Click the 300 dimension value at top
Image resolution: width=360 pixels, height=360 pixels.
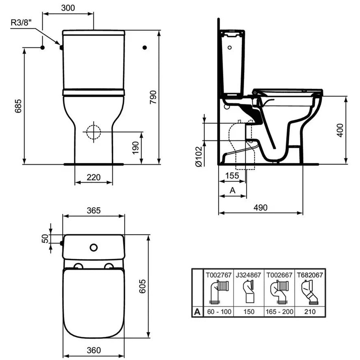coord(68,8)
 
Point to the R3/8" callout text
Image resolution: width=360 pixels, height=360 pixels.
coord(22,22)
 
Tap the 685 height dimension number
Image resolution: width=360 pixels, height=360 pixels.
coord(18,106)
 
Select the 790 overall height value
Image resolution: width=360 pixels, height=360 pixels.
coord(153,97)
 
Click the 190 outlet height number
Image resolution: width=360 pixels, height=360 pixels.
coord(135,147)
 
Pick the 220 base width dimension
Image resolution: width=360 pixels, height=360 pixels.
coord(94,177)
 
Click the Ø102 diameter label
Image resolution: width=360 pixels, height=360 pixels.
coord(199,157)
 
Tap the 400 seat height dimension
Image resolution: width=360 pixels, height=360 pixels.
coord(340,130)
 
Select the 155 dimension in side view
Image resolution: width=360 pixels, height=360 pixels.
coord(232,176)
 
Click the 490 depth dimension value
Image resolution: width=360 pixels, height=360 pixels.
coord(260,208)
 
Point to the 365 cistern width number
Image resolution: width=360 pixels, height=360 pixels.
coord(94,210)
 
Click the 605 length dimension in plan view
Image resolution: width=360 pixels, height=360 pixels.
coord(142,286)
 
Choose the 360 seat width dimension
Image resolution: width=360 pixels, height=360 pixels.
coord(94,350)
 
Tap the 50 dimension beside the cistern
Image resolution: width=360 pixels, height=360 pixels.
coord(45,239)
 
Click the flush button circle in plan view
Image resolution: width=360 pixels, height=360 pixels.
coord(94,247)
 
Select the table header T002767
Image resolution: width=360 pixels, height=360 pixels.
coord(219,275)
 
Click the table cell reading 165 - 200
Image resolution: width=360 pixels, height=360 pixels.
coord(280,312)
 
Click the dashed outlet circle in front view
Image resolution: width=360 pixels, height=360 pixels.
coord(93,132)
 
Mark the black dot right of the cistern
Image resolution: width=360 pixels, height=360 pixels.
coord(145,48)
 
